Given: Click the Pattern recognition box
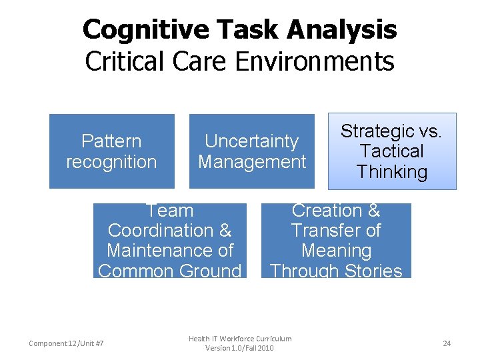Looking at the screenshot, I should tap(111, 151).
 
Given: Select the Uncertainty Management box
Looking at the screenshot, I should tap(251, 151).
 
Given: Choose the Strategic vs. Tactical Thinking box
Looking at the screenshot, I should tap(391, 151).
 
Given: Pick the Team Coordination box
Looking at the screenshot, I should tap(169, 241).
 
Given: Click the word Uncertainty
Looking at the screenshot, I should tap(251, 141).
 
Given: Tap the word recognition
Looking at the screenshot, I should tap(111, 162).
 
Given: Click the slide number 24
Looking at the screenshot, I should tap(447, 343).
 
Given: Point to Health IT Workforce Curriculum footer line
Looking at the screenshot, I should tap(240, 339).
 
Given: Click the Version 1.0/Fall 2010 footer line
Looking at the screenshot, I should tap(240, 348).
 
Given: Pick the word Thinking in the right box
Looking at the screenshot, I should tap(391, 172).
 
